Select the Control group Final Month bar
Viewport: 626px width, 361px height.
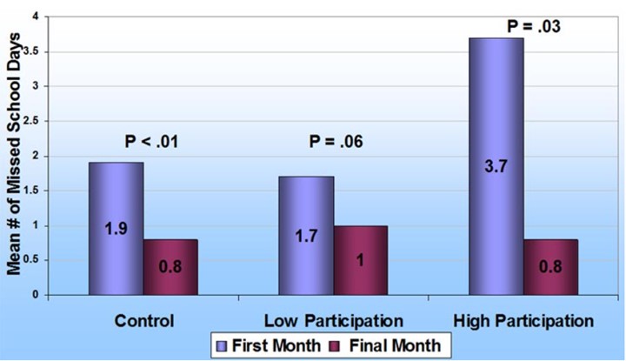coord(170,266)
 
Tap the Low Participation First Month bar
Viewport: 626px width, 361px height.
coord(306,235)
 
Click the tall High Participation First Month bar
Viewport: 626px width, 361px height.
coord(496,165)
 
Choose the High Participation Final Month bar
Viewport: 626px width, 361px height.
coord(551,266)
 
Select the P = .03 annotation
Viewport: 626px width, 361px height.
coord(533,26)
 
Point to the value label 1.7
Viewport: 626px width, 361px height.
coord(306,236)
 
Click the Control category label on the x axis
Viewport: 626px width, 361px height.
coord(143,320)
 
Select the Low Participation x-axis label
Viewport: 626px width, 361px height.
coord(333,320)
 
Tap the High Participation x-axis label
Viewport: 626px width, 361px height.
coord(523,320)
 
